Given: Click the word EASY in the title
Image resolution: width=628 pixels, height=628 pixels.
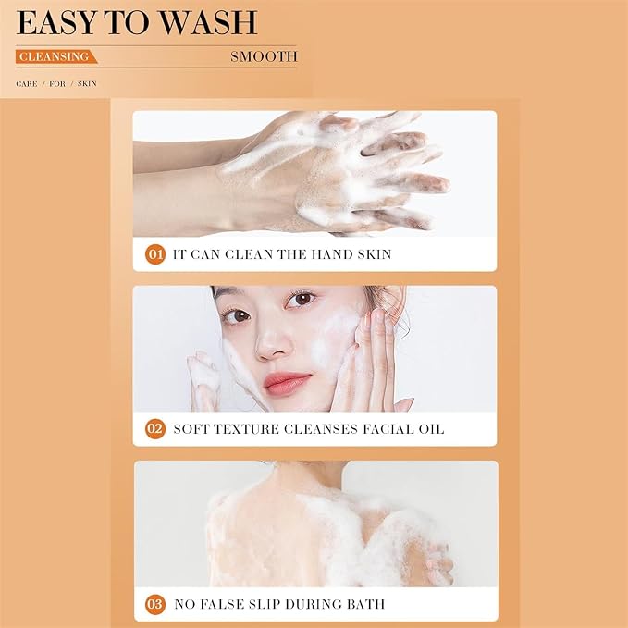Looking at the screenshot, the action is [56, 23].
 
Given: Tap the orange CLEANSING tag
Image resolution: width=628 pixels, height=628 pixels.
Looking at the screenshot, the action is [56, 56].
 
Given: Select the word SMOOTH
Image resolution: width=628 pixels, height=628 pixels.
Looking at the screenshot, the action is [264, 56].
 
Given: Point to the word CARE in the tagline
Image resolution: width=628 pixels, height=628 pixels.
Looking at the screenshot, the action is [27, 84].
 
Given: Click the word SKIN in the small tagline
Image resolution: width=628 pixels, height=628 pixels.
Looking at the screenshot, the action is [87, 84].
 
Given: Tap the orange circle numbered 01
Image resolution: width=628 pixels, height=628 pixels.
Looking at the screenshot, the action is [155, 254].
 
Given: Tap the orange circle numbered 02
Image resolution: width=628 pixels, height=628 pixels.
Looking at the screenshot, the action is [155, 429].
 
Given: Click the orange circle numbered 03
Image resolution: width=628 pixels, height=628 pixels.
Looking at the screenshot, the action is [155, 604].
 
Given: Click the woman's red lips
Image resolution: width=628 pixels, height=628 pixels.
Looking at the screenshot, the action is [287, 383].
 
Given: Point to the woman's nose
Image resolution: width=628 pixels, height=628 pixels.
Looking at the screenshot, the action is [272, 342].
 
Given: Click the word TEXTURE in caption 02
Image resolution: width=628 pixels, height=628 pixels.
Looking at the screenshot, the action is [246, 429].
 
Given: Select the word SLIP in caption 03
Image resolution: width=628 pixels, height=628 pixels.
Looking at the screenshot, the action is [264, 604].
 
